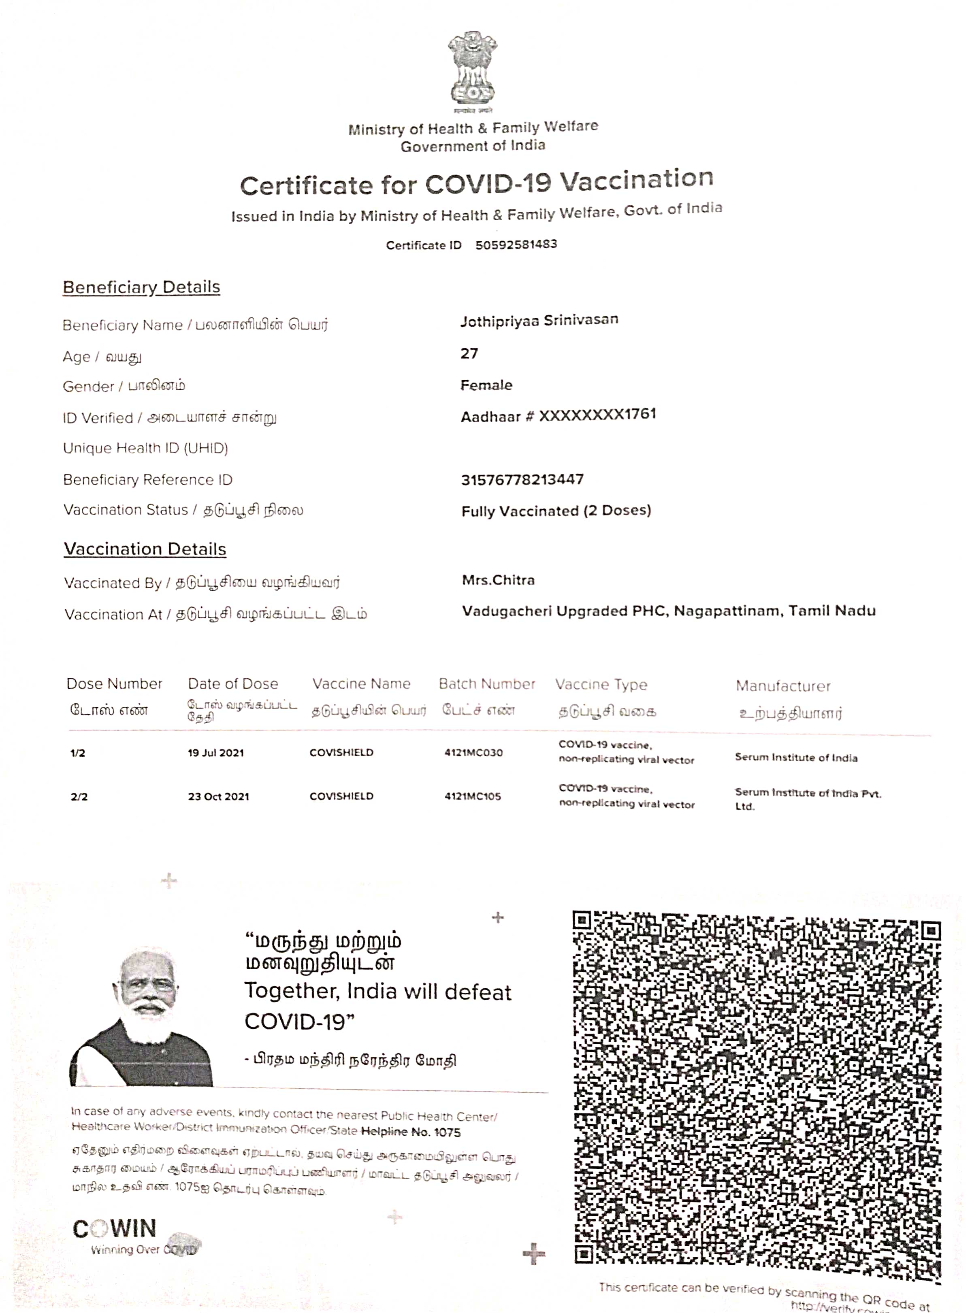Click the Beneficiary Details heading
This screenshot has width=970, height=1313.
141,287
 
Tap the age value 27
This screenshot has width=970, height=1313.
469,353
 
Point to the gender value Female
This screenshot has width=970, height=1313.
486,385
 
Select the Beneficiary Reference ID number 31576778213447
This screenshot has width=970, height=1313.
522,479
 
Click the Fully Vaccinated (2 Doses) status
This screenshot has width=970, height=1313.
556,511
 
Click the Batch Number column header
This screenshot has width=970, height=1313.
487,684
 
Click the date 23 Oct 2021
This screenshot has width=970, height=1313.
218,796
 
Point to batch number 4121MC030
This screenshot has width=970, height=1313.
473,753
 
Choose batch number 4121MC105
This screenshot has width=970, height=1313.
473,796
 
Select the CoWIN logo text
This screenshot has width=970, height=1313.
115,1228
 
